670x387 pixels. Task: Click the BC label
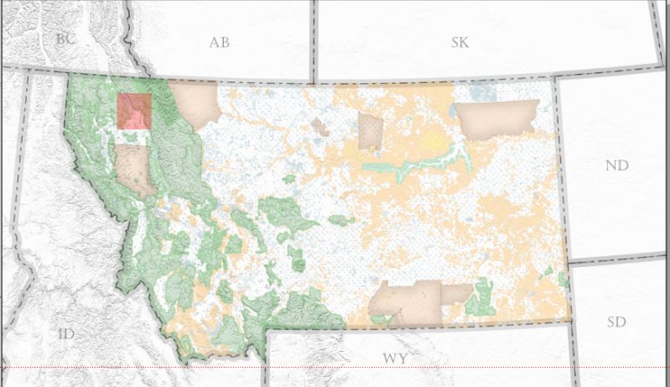[65, 38]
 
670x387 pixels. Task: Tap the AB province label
[219, 43]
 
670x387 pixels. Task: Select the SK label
[460, 42]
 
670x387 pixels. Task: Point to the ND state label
[616, 165]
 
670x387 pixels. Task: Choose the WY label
[395, 358]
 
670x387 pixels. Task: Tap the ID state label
[67, 334]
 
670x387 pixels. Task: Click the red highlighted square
[134, 111]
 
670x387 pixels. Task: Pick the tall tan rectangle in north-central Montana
[370, 131]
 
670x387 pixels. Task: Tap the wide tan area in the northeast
[496, 118]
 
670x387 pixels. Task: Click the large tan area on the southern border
[407, 302]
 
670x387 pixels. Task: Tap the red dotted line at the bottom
[335, 368]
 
